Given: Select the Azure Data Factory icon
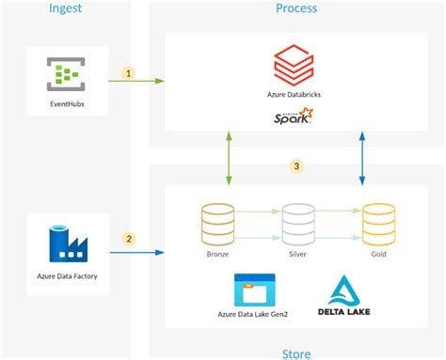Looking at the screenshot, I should point(67,243).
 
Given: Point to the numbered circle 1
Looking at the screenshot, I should point(130,72).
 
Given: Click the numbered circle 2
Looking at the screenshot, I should point(130,239).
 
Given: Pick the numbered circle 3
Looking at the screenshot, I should point(296,166).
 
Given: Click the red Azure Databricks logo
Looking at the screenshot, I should point(293,65).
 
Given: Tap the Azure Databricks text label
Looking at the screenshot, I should point(293,96).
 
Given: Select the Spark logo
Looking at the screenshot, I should point(293,117).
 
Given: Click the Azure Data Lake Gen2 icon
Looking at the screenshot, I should point(254,289).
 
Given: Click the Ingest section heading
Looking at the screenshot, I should point(67,8).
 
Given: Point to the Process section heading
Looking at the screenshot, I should point(295,8).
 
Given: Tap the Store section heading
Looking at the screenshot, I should point(295,353).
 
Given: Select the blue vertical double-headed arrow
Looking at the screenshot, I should point(363,157).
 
